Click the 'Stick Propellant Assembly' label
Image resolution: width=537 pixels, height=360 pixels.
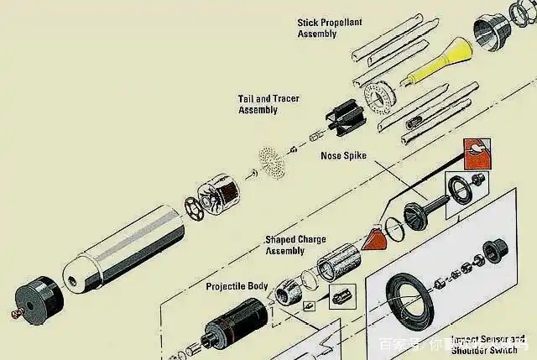click(329, 28)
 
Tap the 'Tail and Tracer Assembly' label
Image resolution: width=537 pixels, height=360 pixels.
click(268, 104)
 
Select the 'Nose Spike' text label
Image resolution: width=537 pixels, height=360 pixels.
click(344, 156)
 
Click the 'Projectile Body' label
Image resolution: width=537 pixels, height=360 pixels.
click(237, 286)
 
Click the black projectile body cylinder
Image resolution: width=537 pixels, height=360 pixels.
click(237, 324)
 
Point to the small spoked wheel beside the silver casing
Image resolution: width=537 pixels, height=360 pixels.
click(196, 206)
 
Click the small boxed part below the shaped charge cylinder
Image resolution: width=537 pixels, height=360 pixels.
click(342, 295)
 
